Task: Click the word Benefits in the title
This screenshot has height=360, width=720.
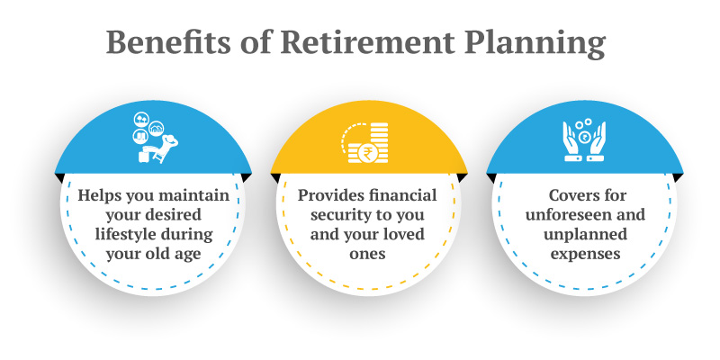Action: pos(168,42)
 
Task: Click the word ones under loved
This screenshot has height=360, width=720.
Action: pos(367,254)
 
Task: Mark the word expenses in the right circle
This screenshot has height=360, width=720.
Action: pos(586,255)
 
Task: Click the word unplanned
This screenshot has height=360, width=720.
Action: pos(586,235)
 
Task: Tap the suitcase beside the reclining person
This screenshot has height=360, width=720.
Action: pos(143,157)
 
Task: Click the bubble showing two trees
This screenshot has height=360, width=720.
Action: pos(141,120)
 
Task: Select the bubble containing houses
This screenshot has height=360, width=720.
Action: pos(156,129)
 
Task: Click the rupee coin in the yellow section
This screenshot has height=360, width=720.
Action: pos(368,152)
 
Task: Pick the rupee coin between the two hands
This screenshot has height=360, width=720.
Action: pos(585,138)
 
